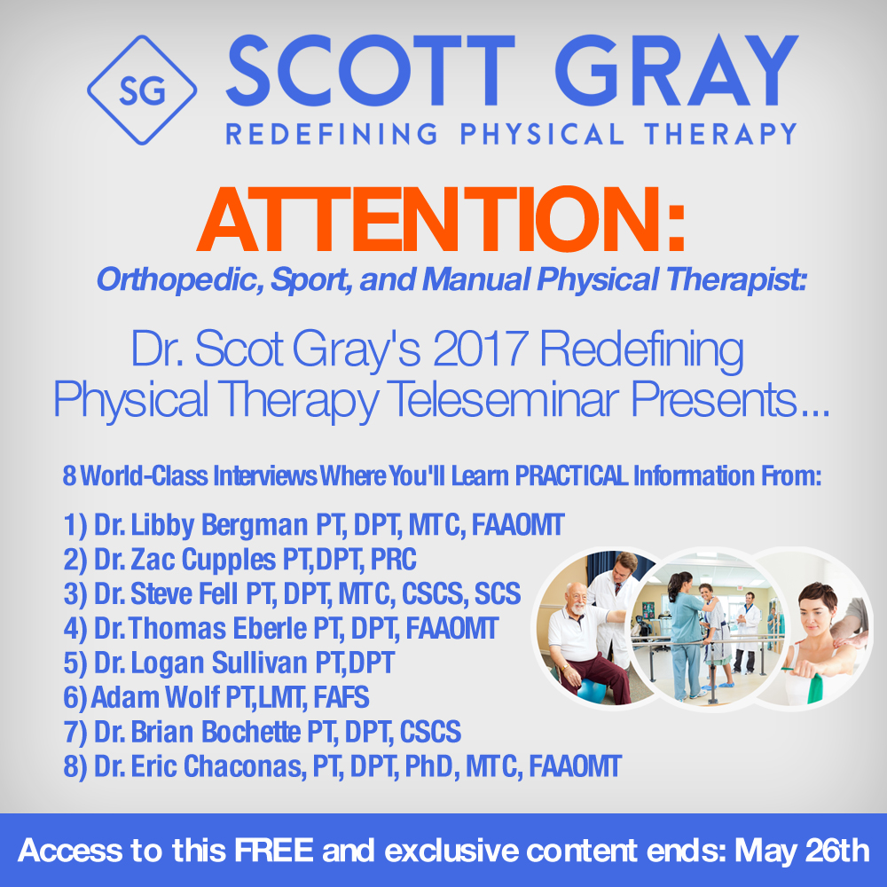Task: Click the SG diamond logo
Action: click(142, 90)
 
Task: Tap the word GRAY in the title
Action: click(676, 71)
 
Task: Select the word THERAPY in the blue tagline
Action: click(720, 134)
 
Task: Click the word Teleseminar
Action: click(504, 399)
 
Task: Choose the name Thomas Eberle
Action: click(218, 629)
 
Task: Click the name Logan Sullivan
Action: click(219, 663)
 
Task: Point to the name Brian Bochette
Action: click(216, 732)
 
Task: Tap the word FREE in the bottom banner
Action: click(274, 851)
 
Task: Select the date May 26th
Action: click(802, 852)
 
